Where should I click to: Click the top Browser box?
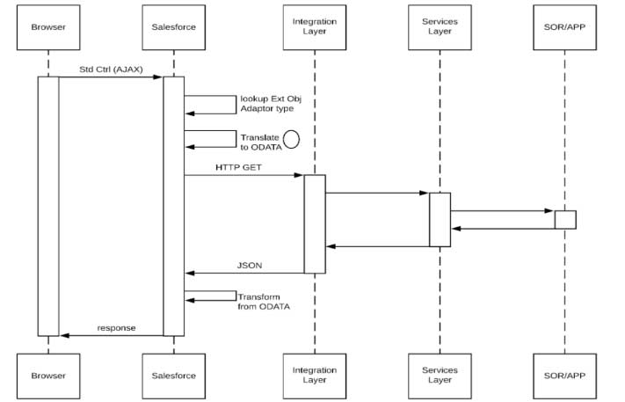pyautogui.click(x=47, y=27)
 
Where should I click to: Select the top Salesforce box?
pyautogui.click(x=173, y=27)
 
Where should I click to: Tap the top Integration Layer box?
pyautogui.click(x=314, y=27)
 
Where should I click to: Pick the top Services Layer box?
pyautogui.click(x=440, y=27)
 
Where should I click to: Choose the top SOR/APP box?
pyautogui.click(x=564, y=27)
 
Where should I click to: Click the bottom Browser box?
pyautogui.click(x=47, y=376)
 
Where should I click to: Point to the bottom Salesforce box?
pyautogui.click(x=173, y=376)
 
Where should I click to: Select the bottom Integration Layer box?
pyautogui.click(x=314, y=376)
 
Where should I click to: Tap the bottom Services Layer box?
pyautogui.click(x=440, y=376)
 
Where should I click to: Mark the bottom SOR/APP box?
pyautogui.click(x=564, y=376)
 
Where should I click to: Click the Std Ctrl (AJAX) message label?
pyautogui.click(x=109, y=69)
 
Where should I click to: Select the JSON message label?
pyautogui.click(x=248, y=264)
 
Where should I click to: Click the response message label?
pyautogui.click(x=115, y=326)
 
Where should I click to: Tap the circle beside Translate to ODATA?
pyautogui.click(x=291, y=139)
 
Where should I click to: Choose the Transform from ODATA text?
pyautogui.click(x=264, y=302)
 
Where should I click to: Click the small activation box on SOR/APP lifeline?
pyautogui.click(x=564, y=219)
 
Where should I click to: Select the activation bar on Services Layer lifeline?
pyautogui.click(x=440, y=219)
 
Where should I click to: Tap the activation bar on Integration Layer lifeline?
pyautogui.click(x=315, y=223)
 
